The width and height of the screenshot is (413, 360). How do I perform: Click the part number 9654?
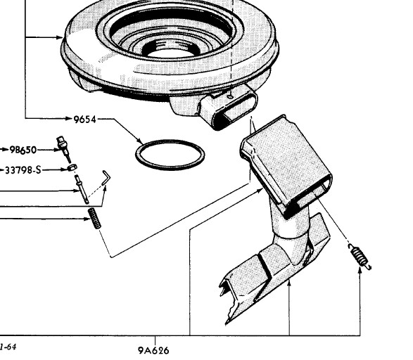point(85,120)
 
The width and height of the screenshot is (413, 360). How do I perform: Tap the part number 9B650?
point(23,150)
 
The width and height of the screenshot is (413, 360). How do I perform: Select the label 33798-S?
point(23,170)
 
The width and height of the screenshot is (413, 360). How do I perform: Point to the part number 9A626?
point(153,351)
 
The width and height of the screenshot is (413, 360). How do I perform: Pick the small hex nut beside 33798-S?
point(72,167)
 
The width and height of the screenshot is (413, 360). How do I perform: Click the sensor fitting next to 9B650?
point(63,148)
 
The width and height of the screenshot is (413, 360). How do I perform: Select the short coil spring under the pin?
point(94,218)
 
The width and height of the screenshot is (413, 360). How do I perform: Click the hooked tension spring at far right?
point(360,256)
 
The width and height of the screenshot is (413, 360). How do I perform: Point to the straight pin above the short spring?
point(82,188)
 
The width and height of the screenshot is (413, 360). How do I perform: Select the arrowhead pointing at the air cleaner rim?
point(60,37)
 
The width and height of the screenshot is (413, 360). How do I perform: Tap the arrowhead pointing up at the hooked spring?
point(360,269)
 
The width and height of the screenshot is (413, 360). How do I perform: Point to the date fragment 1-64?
point(8,347)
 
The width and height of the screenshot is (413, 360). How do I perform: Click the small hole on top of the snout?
point(230,97)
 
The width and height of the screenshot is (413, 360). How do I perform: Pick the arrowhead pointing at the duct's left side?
point(260,190)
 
